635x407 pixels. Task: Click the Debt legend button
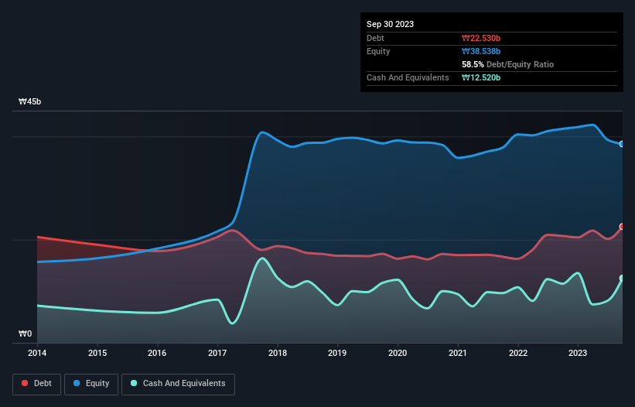pos(36,383)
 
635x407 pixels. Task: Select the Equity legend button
pos(92,383)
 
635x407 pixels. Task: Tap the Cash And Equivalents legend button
pos(178,383)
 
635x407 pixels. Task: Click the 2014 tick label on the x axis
pos(36,354)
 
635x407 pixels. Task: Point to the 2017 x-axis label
pos(217,354)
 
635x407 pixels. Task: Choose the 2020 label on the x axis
pos(398,354)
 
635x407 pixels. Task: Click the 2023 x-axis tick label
pos(578,354)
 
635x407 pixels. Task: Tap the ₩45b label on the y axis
pos(30,102)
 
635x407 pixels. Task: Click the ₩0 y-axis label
pos(26,334)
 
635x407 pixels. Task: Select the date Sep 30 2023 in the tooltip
pos(390,24)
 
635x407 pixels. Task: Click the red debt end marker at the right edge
pos(622,227)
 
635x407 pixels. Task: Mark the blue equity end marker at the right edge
pos(622,144)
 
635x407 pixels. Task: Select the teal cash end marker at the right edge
pos(622,279)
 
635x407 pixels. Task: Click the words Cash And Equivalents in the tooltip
pos(408,77)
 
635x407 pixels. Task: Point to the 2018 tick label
pos(278,354)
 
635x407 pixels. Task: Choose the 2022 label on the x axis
pos(517,354)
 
